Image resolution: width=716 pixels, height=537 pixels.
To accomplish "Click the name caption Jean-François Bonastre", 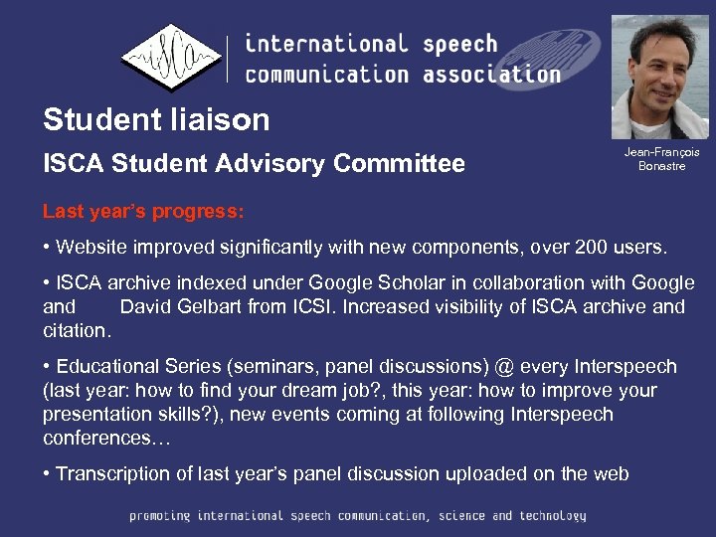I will pos(661,158).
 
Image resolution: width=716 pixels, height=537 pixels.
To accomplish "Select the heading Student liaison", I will pos(156,120).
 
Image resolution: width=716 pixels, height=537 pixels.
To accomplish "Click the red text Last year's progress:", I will pos(143,212).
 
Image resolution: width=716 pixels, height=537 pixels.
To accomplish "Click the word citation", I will pos(77,329).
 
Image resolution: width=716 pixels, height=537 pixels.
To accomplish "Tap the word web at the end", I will pos(611,473).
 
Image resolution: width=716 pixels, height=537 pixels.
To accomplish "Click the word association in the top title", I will pos(491,74).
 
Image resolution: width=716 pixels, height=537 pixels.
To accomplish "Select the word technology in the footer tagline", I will pos(551,516).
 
